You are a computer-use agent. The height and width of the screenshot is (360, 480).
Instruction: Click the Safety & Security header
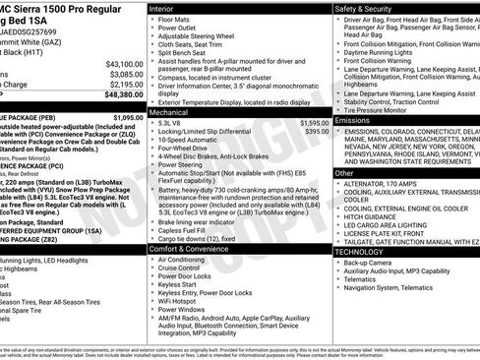click(x=369, y=8)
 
